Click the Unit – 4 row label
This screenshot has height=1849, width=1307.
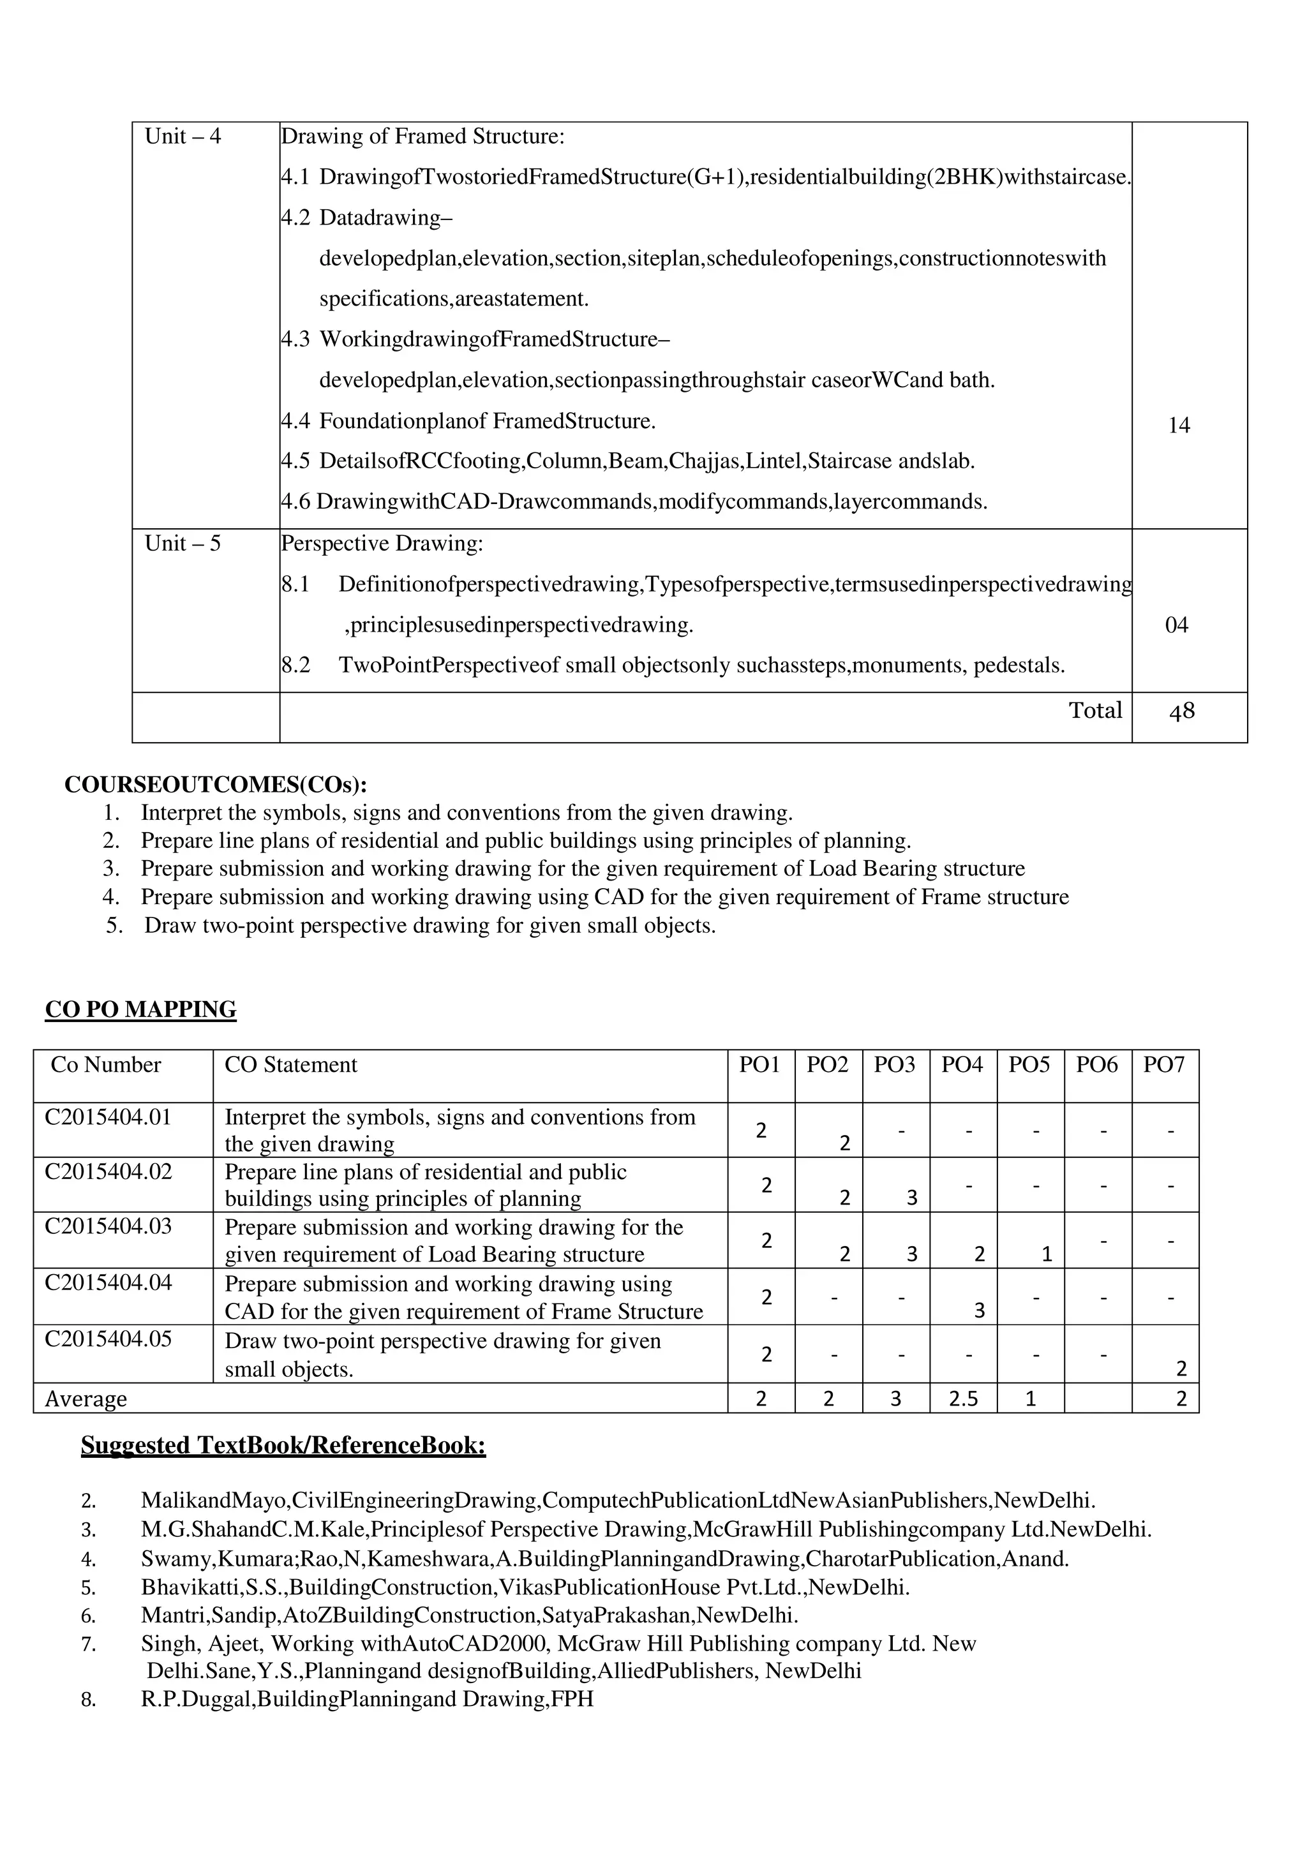(x=182, y=136)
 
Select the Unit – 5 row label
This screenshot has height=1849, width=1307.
(x=182, y=544)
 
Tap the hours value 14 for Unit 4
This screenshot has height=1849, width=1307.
(x=1178, y=425)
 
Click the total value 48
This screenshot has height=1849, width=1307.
(x=1181, y=711)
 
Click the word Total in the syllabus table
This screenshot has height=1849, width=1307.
(x=1094, y=710)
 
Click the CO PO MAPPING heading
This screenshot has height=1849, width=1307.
(x=141, y=1010)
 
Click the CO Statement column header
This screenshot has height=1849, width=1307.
(x=291, y=1066)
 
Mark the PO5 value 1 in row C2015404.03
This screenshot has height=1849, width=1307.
(x=1046, y=1254)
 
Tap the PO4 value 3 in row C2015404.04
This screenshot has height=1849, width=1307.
(x=978, y=1311)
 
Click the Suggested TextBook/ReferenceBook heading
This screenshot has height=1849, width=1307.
(x=283, y=1446)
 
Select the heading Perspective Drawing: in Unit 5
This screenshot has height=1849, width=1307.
(x=382, y=544)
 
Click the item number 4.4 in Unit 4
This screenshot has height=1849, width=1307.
(x=295, y=421)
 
